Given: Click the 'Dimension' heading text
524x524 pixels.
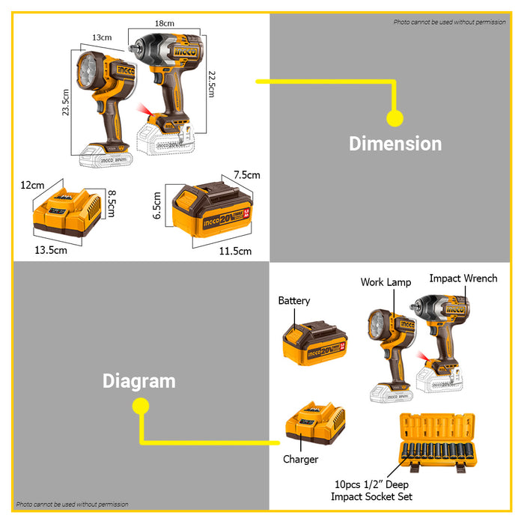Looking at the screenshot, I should [x=395, y=143].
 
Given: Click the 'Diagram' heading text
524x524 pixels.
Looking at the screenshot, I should [x=138, y=380].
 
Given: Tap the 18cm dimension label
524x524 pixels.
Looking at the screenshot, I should [x=165, y=24].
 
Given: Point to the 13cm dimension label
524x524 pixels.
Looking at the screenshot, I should [x=102, y=37].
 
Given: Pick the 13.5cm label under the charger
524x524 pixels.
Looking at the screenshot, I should [x=50, y=250].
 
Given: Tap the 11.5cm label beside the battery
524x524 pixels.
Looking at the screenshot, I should [x=235, y=251].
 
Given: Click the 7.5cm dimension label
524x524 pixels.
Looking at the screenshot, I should [x=246, y=175].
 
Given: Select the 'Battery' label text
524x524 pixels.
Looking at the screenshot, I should [x=293, y=300].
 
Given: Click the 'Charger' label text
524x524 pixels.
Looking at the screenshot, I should [x=300, y=459].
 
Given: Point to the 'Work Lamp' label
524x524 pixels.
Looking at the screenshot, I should [x=385, y=282].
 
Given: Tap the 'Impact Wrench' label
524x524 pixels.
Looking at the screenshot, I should [x=463, y=278].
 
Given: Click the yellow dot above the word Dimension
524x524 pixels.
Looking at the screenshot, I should [x=394, y=118].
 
